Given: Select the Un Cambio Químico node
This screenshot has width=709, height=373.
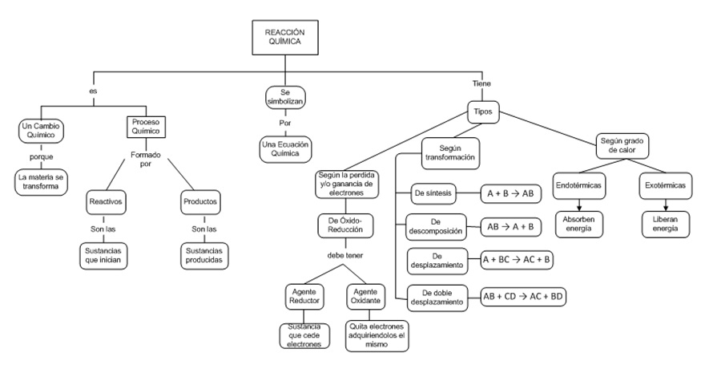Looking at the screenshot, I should (x=41, y=131).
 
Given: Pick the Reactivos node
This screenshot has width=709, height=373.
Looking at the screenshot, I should (x=107, y=201).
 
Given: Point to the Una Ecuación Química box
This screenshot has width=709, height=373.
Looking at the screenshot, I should (x=284, y=150).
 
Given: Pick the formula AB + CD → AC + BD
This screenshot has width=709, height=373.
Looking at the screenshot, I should (x=523, y=296).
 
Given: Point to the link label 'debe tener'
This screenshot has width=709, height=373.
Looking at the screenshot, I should (x=346, y=255).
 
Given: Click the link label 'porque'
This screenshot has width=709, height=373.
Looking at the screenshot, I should (x=41, y=156).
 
